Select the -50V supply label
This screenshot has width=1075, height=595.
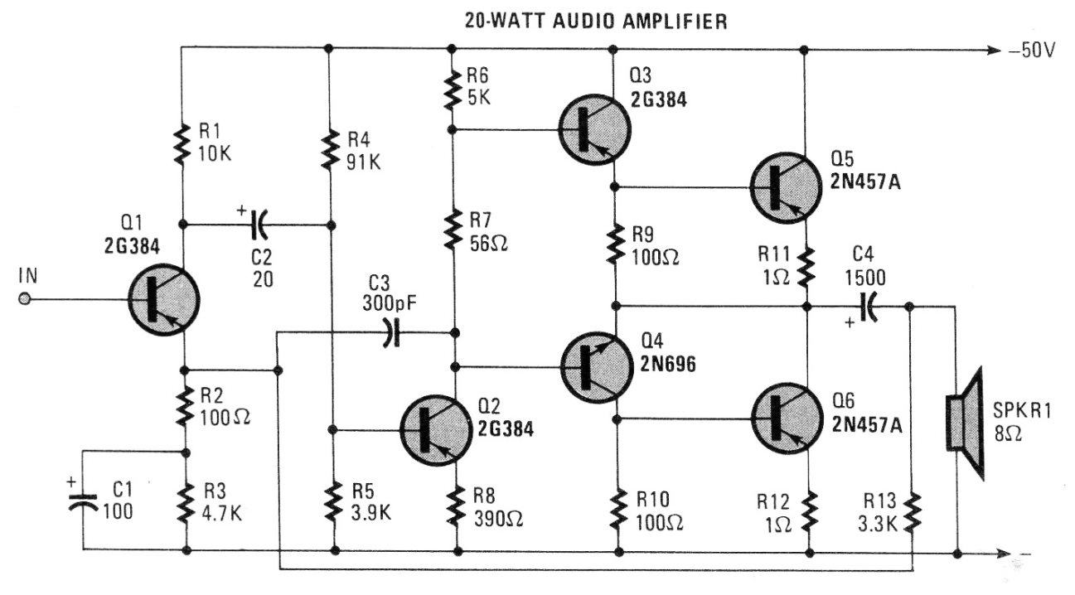click(x=1033, y=51)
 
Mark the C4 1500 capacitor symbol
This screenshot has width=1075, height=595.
click(x=867, y=307)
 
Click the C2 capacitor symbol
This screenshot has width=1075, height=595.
click(x=259, y=224)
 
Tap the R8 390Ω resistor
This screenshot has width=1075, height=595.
click(x=455, y=506)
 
